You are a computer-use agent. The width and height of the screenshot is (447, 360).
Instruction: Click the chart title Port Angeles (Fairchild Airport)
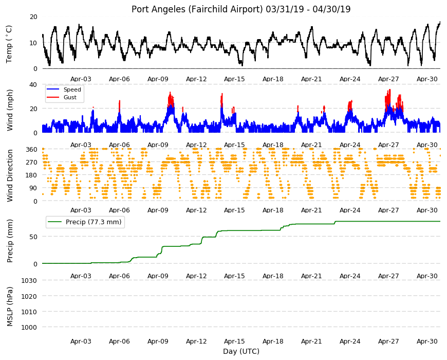tap(197, 9)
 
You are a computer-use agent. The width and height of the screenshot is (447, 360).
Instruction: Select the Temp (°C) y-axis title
tap(9, 44)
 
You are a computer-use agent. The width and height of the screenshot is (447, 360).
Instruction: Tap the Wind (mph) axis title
tap(10, 110)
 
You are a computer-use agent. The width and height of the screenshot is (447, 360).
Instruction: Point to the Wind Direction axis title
tap(10, 176)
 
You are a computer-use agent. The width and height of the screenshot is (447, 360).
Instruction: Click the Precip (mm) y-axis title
tap(10, 241)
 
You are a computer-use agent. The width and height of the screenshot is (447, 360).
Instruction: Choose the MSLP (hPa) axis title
tap(10, 307)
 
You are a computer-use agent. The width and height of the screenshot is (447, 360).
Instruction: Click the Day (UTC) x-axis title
tap(241, 351)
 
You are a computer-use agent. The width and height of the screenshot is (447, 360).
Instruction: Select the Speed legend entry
tap(72, 89)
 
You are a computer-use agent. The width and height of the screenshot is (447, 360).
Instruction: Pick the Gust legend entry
tap(70, 97)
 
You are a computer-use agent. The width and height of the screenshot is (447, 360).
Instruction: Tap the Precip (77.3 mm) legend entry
tap(94, 222)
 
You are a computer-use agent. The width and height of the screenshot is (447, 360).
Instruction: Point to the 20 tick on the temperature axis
tap(33, 17)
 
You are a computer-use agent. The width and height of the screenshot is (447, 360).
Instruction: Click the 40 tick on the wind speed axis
tap(33, 85)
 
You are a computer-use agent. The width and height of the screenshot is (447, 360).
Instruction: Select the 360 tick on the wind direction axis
tap(31, 150)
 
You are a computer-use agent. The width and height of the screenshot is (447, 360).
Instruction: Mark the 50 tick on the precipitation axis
tap(33, 237)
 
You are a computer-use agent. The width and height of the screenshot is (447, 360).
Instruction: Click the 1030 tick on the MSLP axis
tap(29, 280)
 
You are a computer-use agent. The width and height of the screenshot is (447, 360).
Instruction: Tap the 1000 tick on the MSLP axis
tap(29, 327)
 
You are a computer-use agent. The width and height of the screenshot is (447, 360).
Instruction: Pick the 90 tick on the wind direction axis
tap(33, 188)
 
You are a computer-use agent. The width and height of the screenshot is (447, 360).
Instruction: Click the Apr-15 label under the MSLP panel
tap(234, 341)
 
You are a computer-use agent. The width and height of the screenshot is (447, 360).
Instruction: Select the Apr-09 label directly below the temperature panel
tap(158, 79)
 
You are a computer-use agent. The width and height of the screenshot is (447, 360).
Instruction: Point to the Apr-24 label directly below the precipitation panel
tap(350, 276)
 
